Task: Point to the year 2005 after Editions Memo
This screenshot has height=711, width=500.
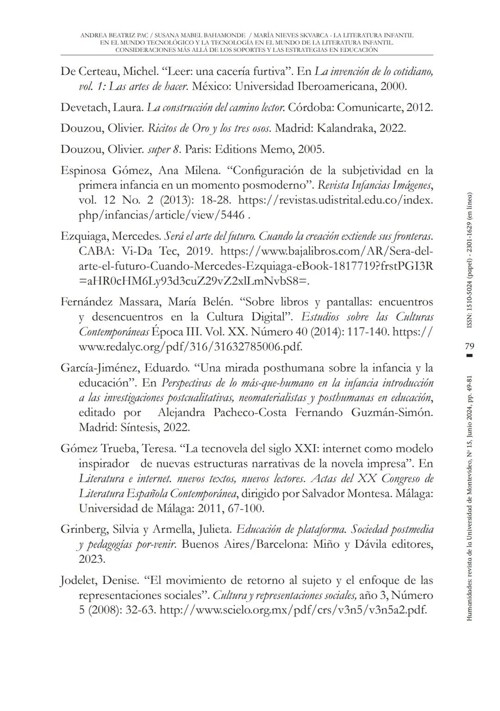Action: [311, 149]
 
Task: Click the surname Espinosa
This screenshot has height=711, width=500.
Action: [84, 170]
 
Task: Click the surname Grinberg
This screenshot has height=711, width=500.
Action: [84, 529]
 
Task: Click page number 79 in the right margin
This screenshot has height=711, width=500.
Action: [469, 346]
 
